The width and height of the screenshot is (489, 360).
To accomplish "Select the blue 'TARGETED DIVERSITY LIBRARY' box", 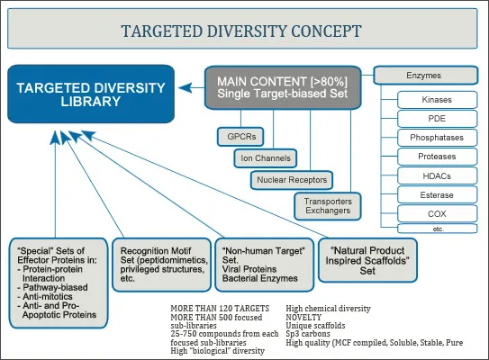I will [90, 93].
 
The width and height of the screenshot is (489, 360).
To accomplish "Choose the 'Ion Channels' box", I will [263, 158].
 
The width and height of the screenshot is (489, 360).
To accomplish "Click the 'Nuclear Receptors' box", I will [291, 180].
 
